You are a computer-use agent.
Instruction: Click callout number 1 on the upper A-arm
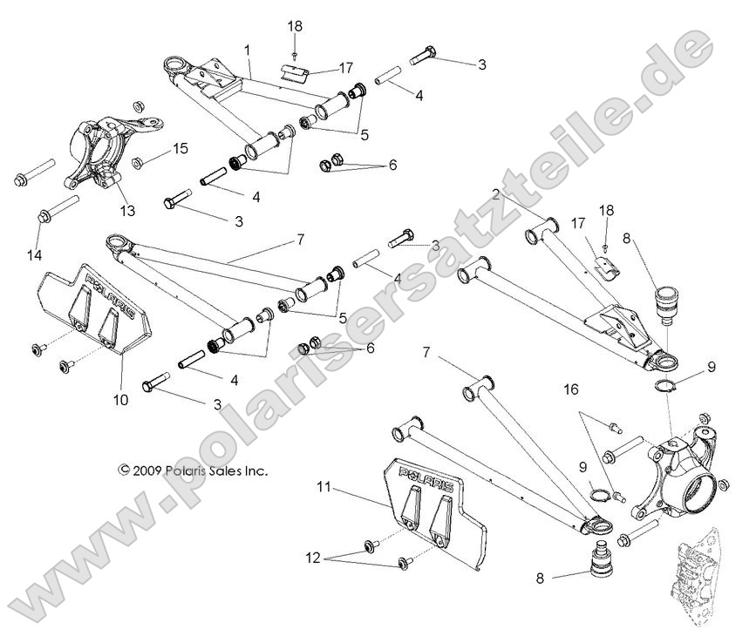(x=248, y=51)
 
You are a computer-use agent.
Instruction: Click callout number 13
(x=128, y=210)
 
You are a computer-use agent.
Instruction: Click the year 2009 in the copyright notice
(x=151, y=470)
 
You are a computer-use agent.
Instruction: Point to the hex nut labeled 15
(x=140, y=162)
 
